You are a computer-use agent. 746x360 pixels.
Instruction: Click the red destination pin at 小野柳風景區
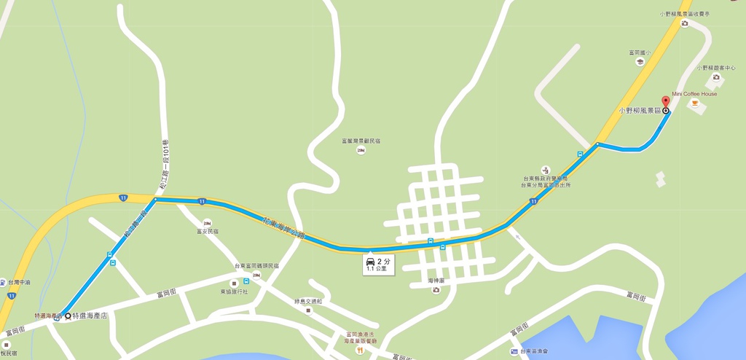click(664, 101)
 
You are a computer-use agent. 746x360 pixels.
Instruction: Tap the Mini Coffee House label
click(694, 94)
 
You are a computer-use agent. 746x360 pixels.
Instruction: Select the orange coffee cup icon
click(694, 103)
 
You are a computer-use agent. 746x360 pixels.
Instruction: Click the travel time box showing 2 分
click(378, 265)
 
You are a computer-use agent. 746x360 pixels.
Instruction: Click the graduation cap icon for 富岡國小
click(640, 62)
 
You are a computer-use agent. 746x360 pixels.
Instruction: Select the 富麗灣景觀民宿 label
click(361, 141)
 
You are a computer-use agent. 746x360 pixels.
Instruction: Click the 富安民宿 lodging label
click(208, 231)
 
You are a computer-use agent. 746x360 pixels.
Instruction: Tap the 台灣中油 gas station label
click(18, 282)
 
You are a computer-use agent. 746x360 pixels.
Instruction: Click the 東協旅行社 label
click(234, 291)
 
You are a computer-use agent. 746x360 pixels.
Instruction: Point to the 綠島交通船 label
click(308, 301)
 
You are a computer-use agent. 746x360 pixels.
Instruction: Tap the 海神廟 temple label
click(436, 281)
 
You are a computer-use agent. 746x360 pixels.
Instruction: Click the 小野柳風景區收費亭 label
click(685, 14)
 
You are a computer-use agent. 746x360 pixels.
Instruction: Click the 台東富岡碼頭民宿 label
click(256, 266)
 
